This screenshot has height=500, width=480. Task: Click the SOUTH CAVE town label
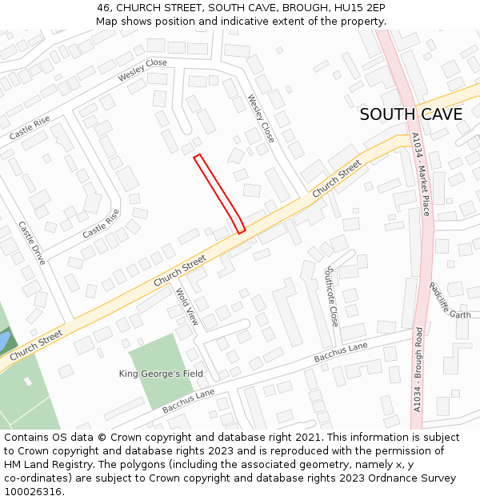point(410,114)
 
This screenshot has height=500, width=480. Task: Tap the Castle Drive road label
point(32,243)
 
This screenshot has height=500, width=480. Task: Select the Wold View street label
point(186,306)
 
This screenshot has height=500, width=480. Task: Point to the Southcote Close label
point(331,296)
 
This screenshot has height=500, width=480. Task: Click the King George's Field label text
point(161,374)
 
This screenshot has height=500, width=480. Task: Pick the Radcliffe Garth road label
point(450,300)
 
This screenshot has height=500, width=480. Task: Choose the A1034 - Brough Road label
point(418,369)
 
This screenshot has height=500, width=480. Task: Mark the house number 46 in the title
point(104,8)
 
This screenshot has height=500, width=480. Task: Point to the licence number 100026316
point(33,492)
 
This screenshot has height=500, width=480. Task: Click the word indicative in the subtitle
point(266,22)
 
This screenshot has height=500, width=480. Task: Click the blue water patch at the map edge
point(3,342)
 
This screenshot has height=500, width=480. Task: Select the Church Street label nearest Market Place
point(337,180)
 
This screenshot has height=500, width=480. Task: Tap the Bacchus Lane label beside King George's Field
point(189,402)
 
